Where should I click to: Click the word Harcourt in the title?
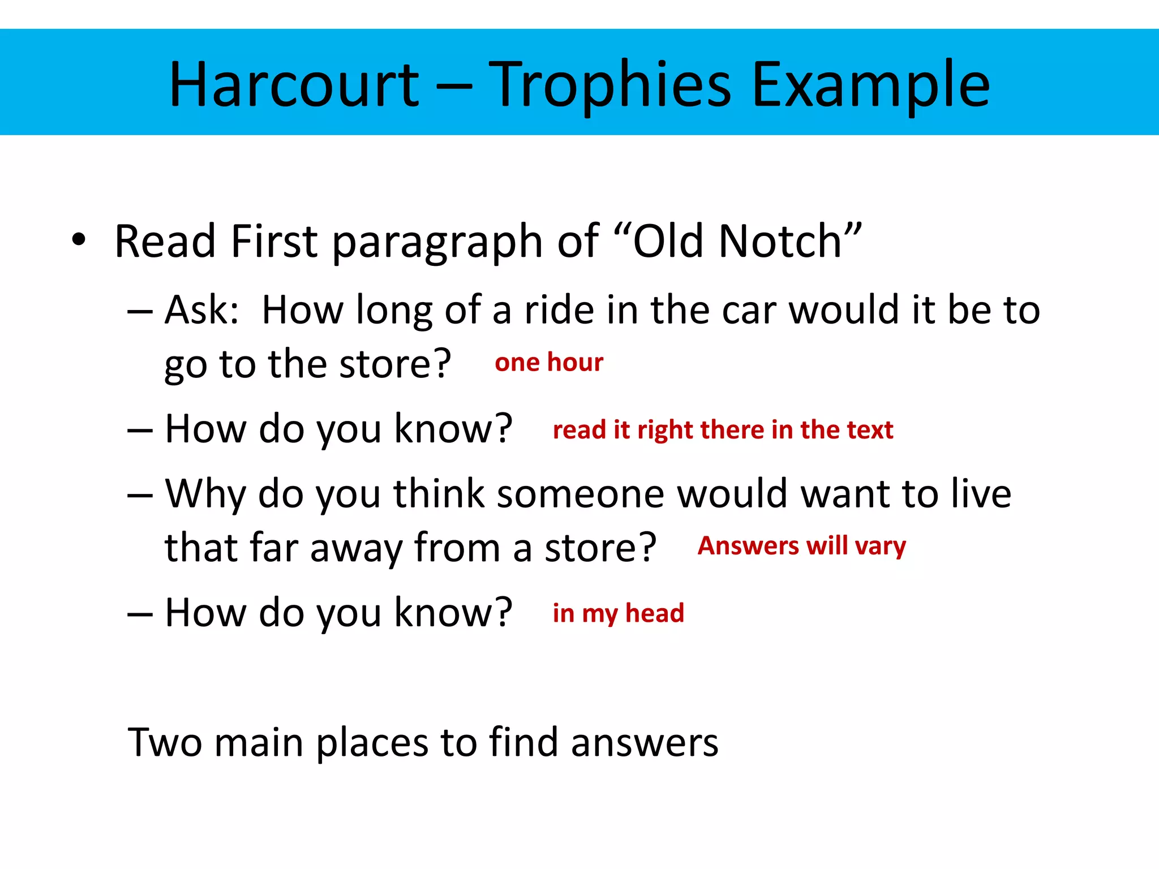pyautogui.click(x=294, y=85)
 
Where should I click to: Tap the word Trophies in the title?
pyautogui.click(x=609, y=85)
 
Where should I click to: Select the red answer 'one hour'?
pyautogui.click(x=549, y=362)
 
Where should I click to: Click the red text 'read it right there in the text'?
pyautogui.click(x=723, y=430)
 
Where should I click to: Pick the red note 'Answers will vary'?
pyautogui.click(x=801, y=546)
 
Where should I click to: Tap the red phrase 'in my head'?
pyautogui.click(x=618, y=613)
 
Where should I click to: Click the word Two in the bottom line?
pyautogui.click(x=165, y=742)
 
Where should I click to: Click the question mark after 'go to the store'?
pyautogui.click(x=440, y=363)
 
